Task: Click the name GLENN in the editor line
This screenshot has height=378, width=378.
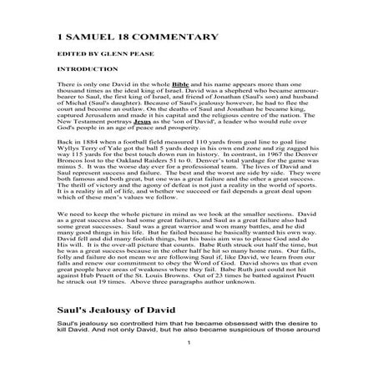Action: tap(127, 61)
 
